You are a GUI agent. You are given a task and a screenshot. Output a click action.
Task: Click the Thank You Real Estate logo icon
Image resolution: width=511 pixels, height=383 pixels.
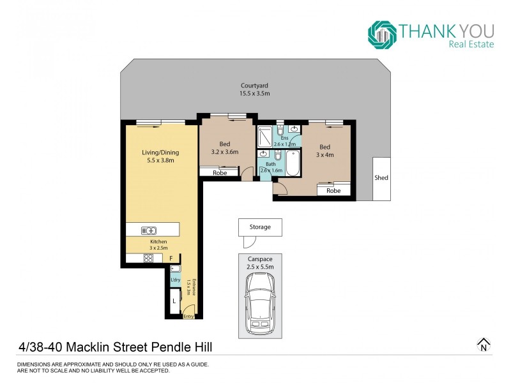point(382,34)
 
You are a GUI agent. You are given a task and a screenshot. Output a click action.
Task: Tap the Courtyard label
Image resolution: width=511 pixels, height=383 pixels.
point(254,86)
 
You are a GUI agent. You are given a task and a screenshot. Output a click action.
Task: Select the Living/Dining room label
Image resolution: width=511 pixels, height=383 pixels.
point(160,153)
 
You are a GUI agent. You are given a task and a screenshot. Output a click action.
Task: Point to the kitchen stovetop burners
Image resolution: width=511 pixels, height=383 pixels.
point(148,259)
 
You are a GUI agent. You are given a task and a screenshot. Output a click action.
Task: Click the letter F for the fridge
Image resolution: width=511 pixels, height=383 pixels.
point(171,258)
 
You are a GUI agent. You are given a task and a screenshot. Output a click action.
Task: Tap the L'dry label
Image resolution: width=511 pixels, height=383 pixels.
point(175,280)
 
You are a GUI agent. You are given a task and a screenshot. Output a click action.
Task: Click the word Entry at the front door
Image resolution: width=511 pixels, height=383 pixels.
point(188,316)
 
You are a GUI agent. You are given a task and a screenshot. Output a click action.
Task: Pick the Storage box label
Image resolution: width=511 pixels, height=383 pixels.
point(260,227)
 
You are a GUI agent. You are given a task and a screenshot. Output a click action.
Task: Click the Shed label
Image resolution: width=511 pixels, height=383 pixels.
point(381,178)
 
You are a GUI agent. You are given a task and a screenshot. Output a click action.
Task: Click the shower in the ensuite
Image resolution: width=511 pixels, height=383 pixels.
point(264,137)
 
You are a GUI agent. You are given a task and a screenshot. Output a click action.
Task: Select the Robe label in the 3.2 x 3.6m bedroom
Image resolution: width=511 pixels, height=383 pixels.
point(220,172)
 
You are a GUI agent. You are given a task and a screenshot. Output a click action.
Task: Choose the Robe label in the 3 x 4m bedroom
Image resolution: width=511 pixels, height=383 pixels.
point(333,190)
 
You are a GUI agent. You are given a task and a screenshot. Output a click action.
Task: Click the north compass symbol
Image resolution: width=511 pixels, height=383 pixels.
point(484,345)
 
